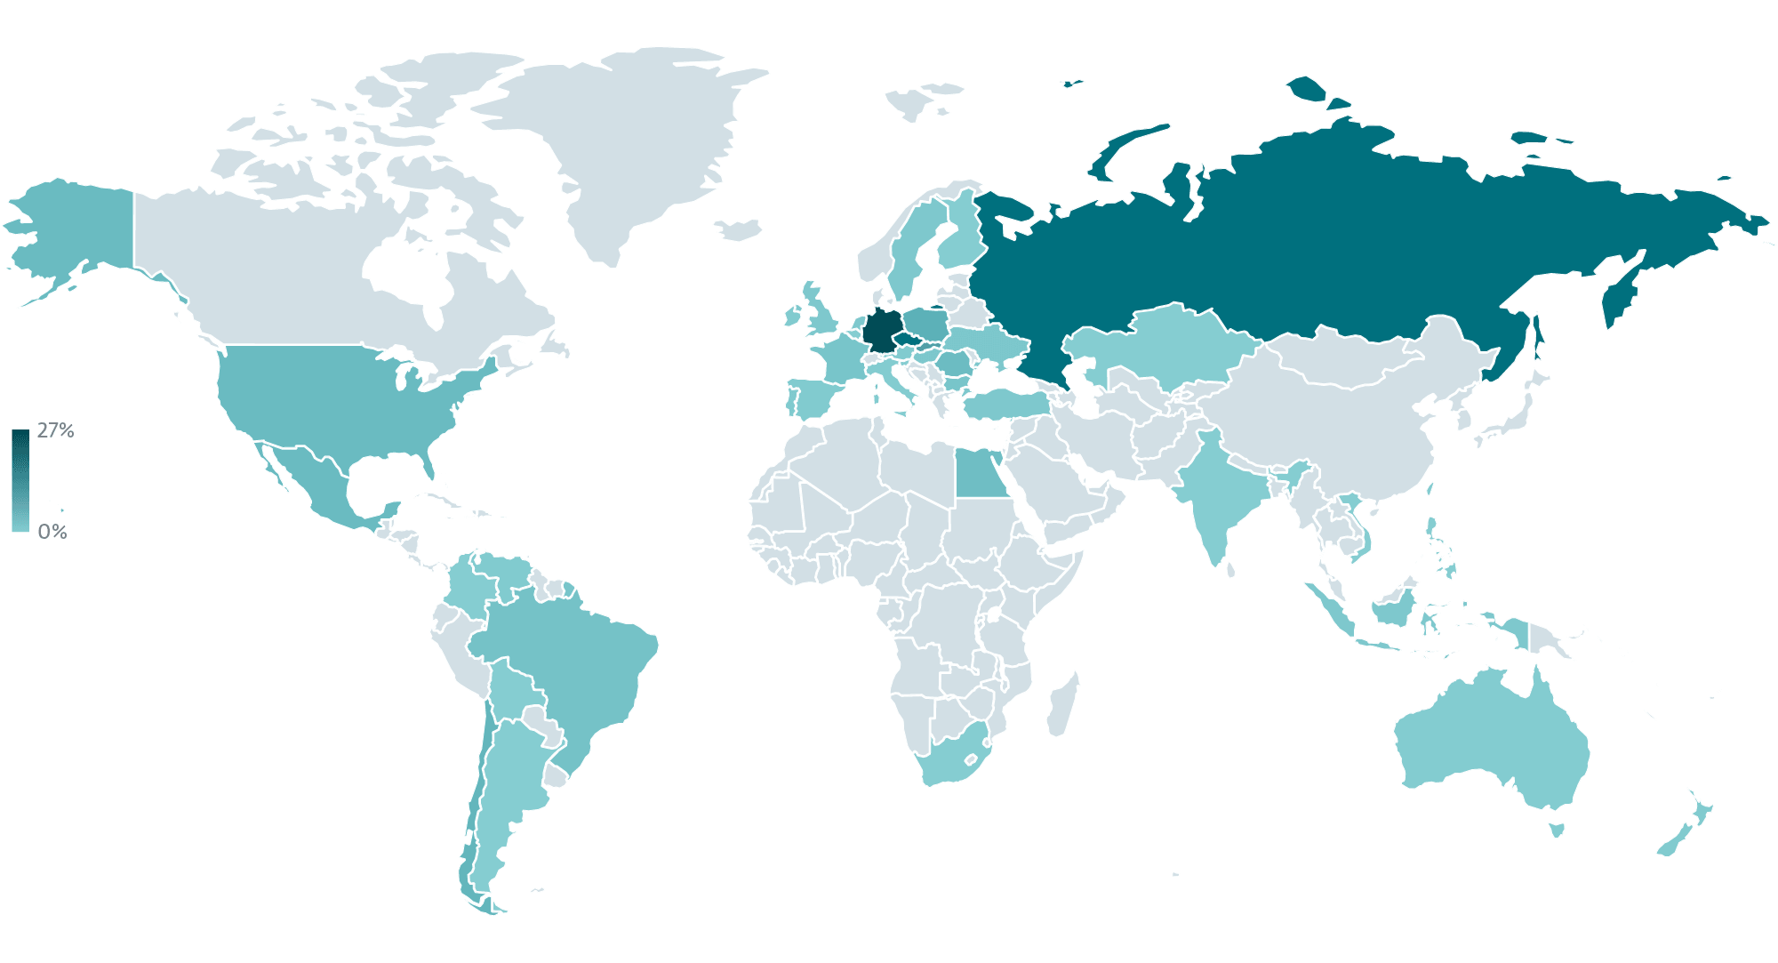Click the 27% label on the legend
point(55,431)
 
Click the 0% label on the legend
point(52,532)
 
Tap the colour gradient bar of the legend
point(20,480)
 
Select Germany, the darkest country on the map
point(881,332)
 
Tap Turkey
point(1005,405)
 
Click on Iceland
point(741,230)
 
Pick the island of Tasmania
point(1557,830)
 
